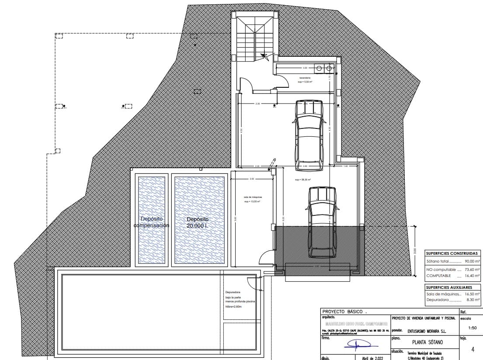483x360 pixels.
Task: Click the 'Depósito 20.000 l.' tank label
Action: pyautogui.click(x=198, y=222)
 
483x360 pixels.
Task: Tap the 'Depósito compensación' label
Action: pyautogui.click(x=151, y=222)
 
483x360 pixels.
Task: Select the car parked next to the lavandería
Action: pyautogui.click(x=309, y=135)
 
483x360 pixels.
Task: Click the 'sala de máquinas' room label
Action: pyautogui.click(x=252, y=199)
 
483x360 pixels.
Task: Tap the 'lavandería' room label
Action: pyautogui.click(x=305, y=78)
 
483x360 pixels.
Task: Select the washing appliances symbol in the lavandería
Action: pyautogui.click(x=323, y=68)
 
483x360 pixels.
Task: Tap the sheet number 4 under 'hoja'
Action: pyautogui.click(x=473, y=350)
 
